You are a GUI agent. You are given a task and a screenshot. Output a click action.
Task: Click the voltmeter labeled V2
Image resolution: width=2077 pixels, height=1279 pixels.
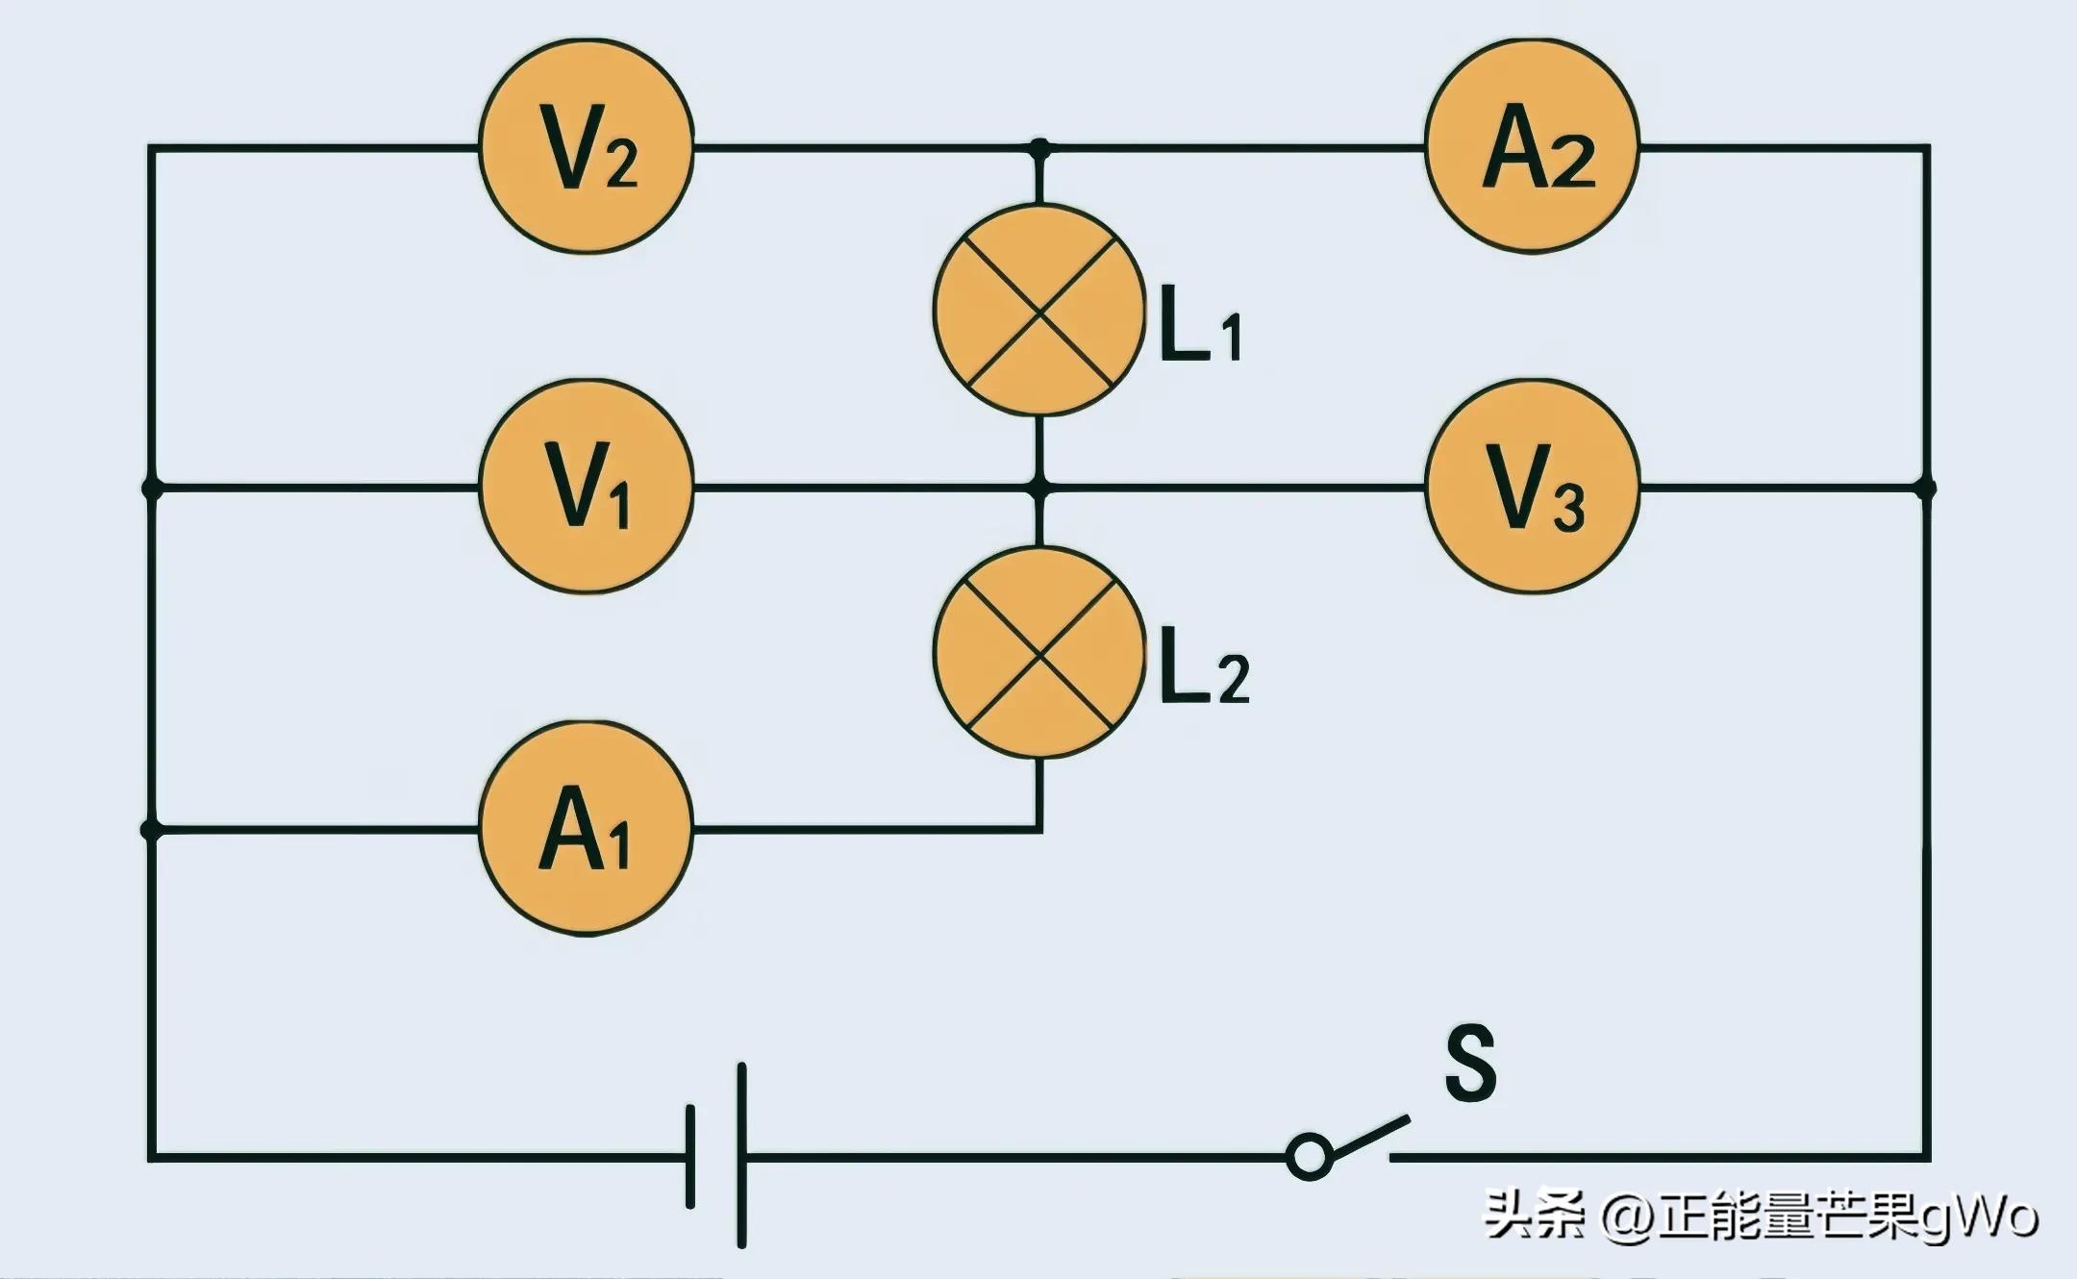coord(587,147)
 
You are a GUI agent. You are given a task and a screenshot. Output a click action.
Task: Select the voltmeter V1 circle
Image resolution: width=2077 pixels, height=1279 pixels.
coord(587,487)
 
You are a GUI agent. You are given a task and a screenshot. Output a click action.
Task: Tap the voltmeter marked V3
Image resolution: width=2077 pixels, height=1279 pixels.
coord(1533,487)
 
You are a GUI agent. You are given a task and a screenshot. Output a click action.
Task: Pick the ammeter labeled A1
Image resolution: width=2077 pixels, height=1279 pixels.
coord(587,828)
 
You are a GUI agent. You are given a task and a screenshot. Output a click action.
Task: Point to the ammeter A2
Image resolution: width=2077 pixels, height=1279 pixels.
coord(1533,147)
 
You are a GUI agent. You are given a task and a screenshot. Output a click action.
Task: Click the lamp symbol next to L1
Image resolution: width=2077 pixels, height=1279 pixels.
coord(1039,311)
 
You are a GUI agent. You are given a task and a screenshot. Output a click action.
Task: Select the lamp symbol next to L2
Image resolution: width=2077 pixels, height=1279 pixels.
coord(1039,653)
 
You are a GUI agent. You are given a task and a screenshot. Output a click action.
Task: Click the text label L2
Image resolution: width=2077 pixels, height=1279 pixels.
coord(1205,675)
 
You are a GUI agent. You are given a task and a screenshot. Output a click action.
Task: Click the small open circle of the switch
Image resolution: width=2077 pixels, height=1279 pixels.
coord(1309,1155)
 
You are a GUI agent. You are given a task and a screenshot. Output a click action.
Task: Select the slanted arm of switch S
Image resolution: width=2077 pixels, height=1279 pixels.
coord(1369,1135)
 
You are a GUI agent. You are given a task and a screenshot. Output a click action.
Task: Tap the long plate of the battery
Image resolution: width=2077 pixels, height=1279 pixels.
coord(741,1155)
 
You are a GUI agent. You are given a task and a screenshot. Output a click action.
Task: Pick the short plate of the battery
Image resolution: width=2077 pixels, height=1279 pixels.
coord(690,1156)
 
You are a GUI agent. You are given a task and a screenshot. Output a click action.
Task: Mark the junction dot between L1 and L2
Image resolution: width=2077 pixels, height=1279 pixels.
coord(1039,488)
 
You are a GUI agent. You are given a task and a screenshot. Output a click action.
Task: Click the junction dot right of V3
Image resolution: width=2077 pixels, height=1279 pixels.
coord(1926,488)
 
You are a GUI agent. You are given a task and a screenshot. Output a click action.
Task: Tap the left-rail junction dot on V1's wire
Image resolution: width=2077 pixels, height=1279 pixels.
coord(151,488)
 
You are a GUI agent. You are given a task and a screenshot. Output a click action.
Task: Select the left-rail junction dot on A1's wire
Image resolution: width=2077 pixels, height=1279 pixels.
coord(151,828)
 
